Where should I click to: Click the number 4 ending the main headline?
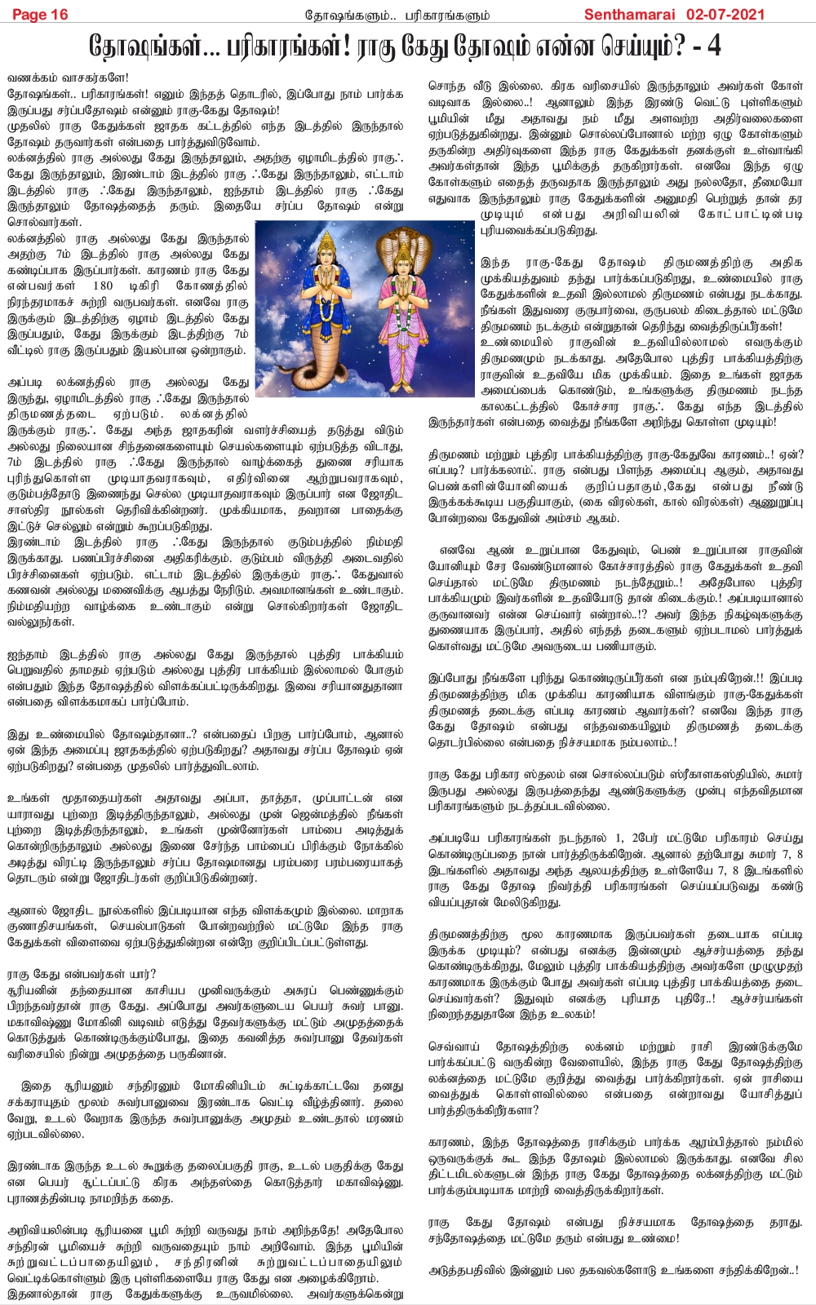pyautogui.click(x=714, y=46)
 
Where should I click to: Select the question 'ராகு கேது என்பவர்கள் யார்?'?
pyautogui.click(x=82, y=973)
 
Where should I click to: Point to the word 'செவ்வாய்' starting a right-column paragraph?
pyautogui.click(x=453, y=1046)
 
